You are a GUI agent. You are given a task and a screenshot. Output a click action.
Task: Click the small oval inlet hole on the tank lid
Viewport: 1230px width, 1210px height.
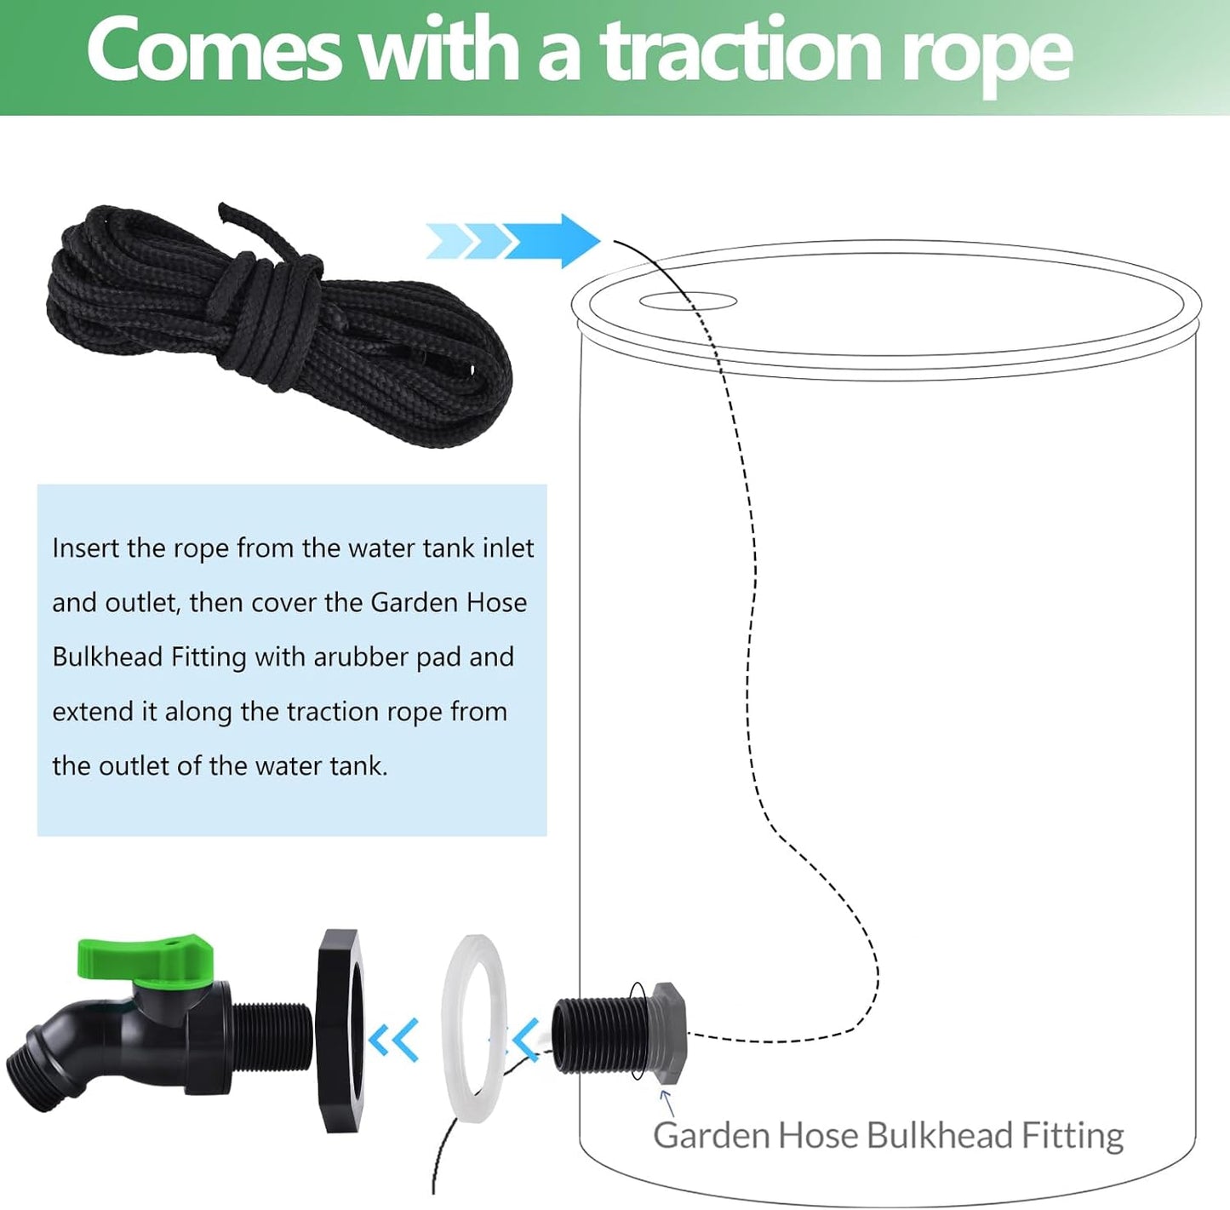(x=688, y=301)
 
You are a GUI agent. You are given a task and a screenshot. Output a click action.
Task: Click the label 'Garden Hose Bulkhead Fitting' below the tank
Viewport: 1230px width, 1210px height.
(x=888, y=1136)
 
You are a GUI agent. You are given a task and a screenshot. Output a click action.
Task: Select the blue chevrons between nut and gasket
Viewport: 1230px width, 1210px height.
(x=395, y=1039)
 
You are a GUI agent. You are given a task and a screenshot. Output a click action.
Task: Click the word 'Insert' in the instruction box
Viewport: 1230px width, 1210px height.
(x=86, y=548)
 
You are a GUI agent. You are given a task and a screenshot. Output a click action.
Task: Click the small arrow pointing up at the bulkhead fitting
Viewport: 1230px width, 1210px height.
(x=667, y=1103)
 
